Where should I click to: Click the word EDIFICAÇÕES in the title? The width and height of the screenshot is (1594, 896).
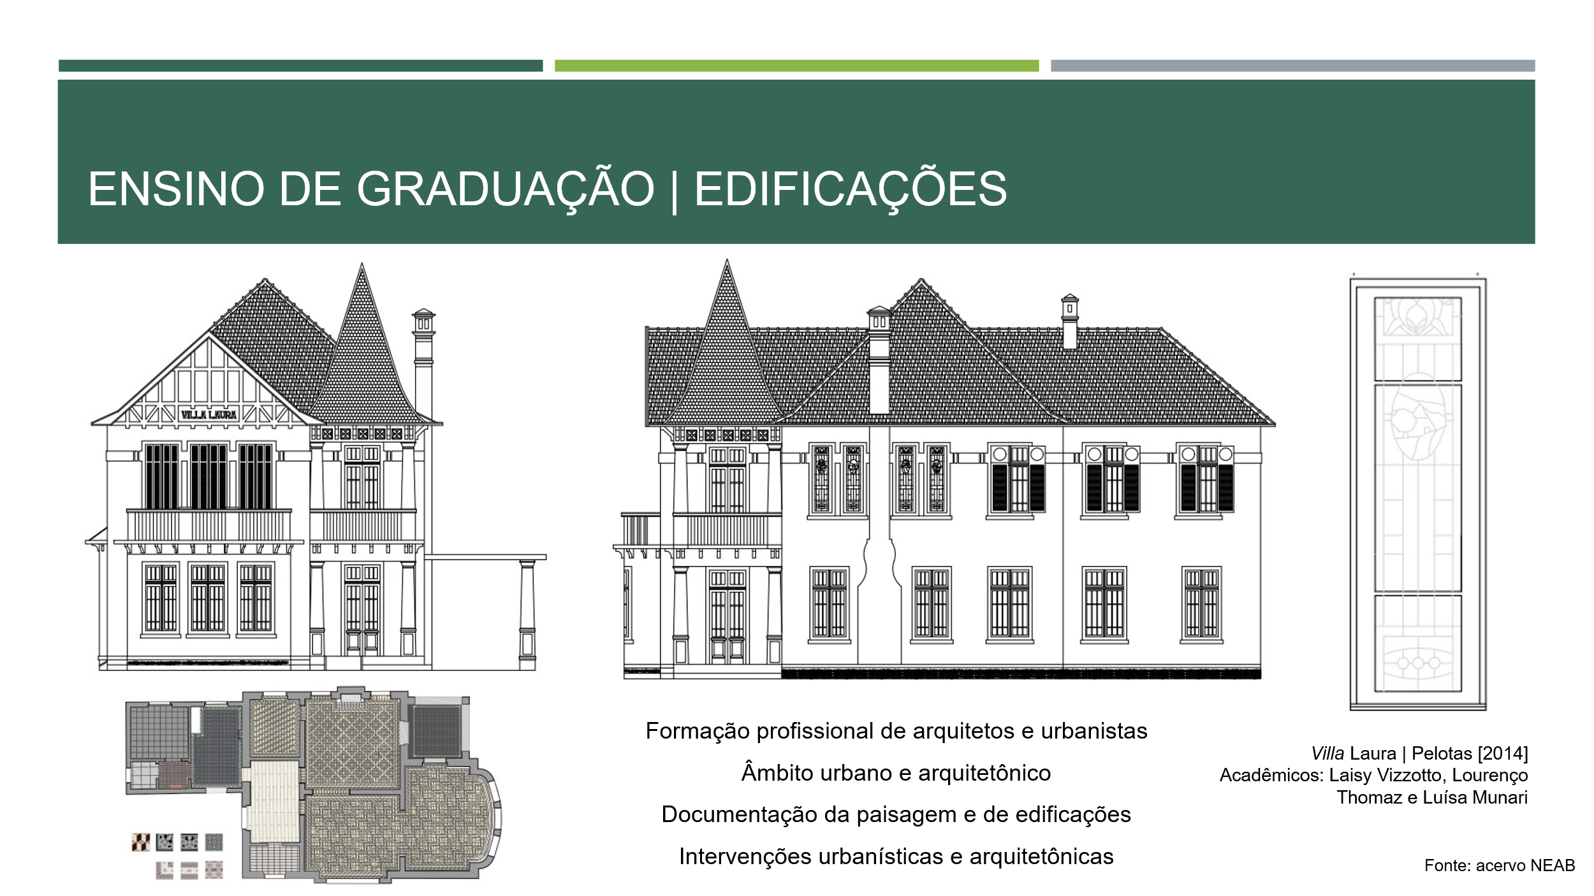tap(851, 190)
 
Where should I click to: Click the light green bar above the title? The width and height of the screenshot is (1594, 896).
tap(796, 66)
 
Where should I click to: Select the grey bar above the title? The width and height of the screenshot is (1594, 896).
tap(1292, 66)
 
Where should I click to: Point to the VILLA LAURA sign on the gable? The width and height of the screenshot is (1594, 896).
tap(208, 415)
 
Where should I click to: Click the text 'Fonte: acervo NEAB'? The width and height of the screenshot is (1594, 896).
tap(1500, 865)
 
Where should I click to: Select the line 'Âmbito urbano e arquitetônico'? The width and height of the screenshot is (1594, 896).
tap(896, 773)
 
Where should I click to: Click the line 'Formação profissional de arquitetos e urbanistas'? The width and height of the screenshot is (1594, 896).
tap(896, 731)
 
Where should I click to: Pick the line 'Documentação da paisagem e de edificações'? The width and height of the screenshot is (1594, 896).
tap(896, 814)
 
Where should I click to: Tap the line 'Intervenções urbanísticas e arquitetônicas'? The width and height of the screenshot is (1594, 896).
tap(896, 856)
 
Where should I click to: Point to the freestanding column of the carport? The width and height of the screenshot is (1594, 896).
tap(527, 615)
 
